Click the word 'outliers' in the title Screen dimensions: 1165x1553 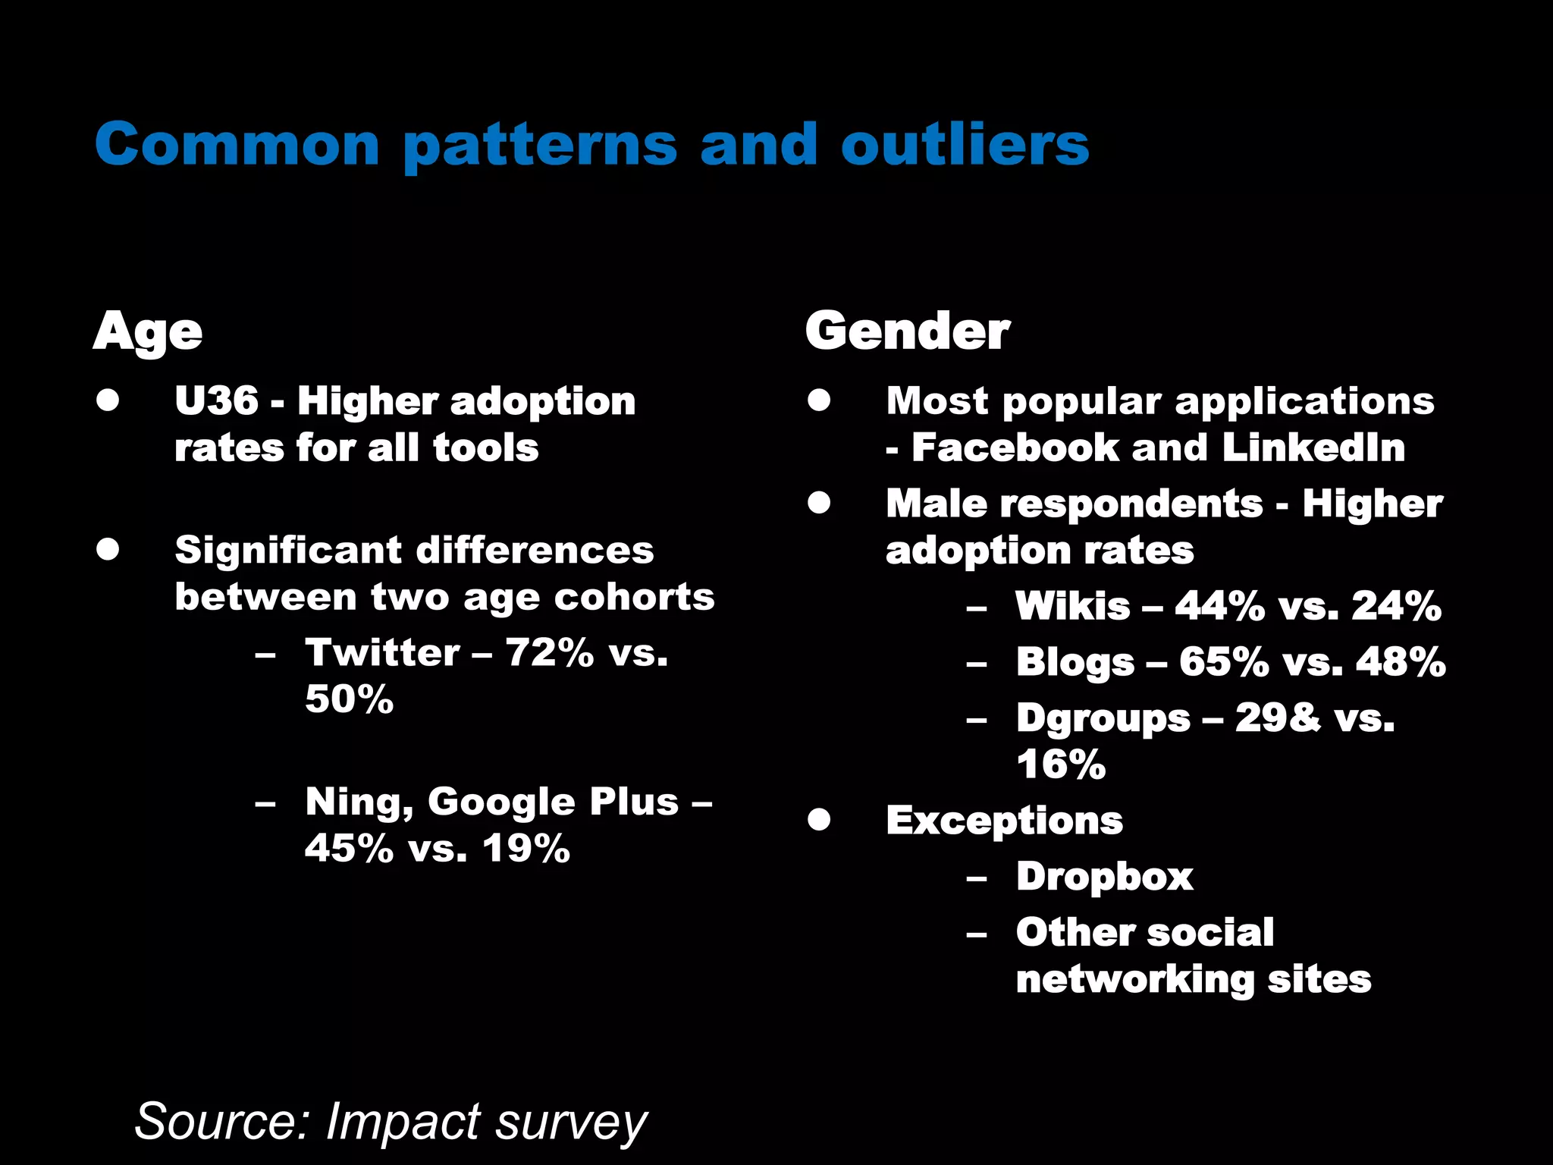click(x=965, y=144)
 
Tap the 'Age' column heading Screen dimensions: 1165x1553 click(x=148, y=331)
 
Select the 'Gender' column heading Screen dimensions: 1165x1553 click(x=908, y=331)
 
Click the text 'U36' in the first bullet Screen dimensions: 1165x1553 click(x=216, y=400)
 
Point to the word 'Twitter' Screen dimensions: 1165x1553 click(x=382, y=652)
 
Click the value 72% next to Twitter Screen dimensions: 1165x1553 click(x=550, y=652)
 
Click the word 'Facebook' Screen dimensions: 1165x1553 click(x=1015, y=447)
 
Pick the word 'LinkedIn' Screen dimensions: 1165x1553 click(x=1313, y=447)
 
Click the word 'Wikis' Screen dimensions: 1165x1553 click(x=1073, y=606)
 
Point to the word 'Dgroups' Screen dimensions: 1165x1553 click(x=1103, y=719)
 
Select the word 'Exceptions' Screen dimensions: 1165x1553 click(x=1005, y=821)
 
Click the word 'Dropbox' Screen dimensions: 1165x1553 click(x=1105, y=877)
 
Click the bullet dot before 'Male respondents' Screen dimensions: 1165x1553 click(x=819, y=503)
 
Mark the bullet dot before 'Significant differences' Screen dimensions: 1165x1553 click(x=108, y=549)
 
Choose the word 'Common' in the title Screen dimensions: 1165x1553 click(x=237, y=144)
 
